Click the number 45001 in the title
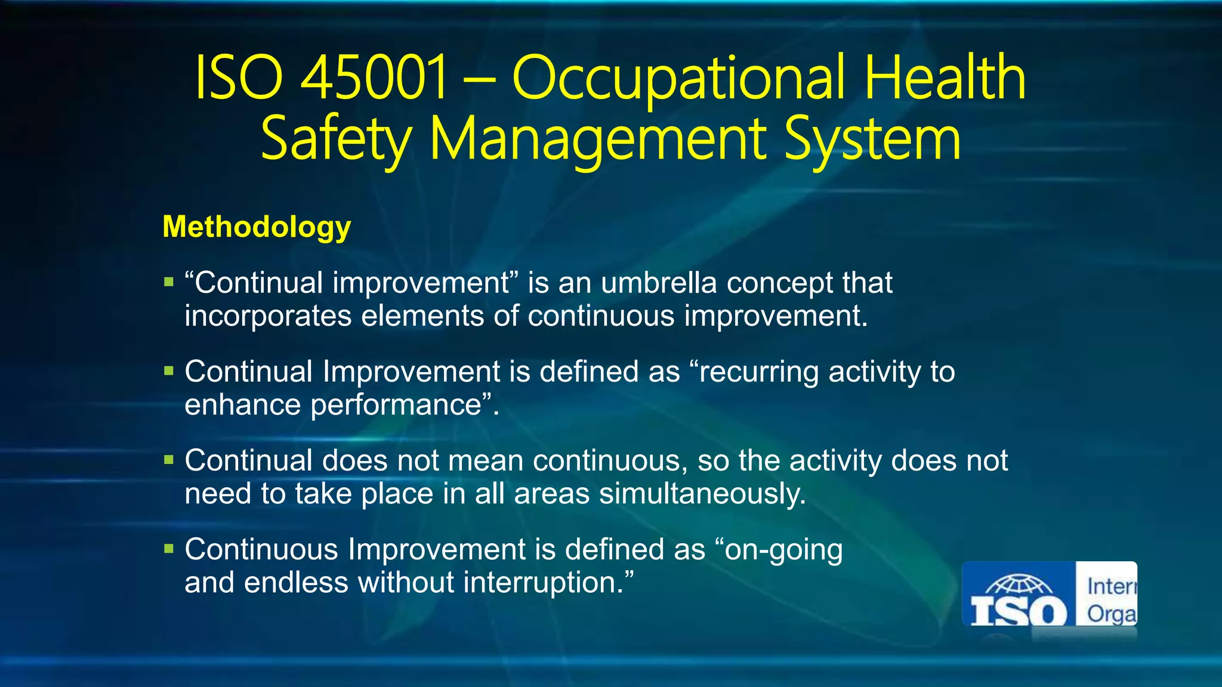tap(374, 78)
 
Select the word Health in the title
tap(945, 78)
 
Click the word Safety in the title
tap(336, 140)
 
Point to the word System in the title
tap(872, 140)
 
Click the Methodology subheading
tap(257, 227)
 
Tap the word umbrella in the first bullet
tap(658, 283)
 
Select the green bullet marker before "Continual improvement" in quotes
tap(169, 282)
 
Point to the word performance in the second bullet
tap(396, 405)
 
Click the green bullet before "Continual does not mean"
tap(169, 460)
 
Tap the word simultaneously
tap(702, 494)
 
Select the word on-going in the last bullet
tap(783, 550)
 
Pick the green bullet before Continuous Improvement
tap(169, 549)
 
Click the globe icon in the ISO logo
tap(1019, 585)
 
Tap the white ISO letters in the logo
tap(1019, 612)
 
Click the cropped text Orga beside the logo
tap(1111, 614)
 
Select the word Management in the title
tap(597, 140)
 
